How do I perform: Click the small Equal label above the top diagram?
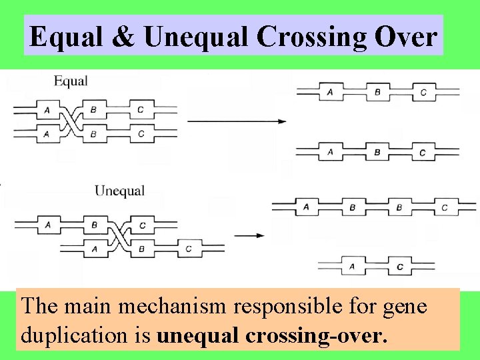pyautogui.click(x=71, y=81)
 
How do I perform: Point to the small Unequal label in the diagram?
pyautogui.click(x=119, y=191)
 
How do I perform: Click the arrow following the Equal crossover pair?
pyautogui.click(x=237, y=121)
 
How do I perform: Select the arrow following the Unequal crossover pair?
pyautogui.click(x=250, y=235)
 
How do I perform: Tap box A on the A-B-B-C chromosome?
pyautogui.click(x=306, y=207)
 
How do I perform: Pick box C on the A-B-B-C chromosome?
pyautogui.click(x=444, y=207)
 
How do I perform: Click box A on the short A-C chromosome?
pyautogui.click(x=352, y=267)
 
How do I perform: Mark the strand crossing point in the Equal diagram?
pyautogui.click(x=71, y=121)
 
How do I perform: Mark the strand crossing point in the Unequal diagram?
pyautogui.click(x=118, y=237)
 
